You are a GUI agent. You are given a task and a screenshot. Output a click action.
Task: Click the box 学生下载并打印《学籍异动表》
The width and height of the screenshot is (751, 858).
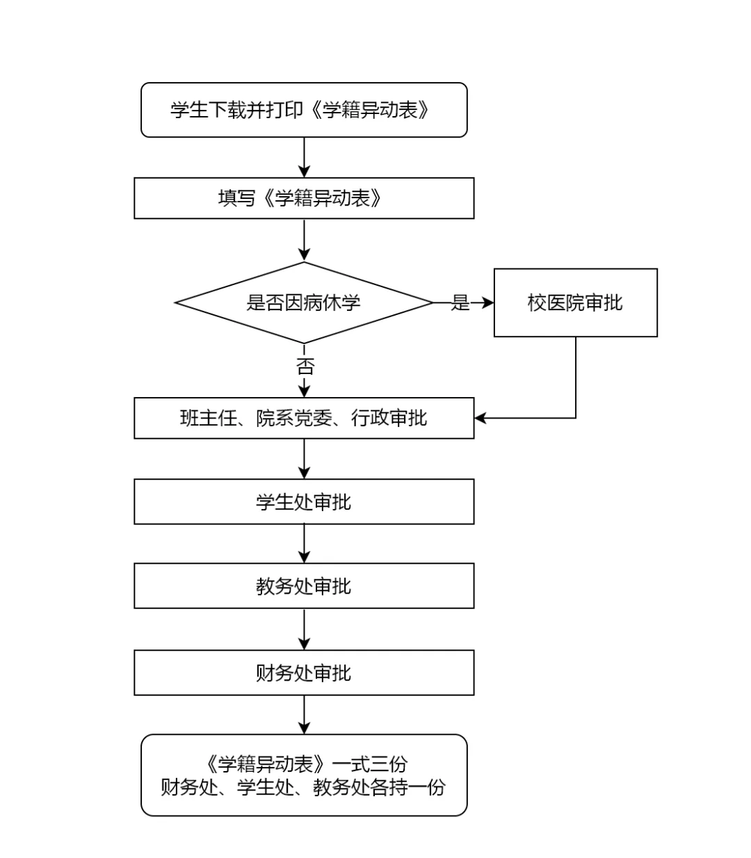point(304,110)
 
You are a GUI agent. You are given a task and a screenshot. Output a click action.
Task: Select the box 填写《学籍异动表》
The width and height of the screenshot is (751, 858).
point(304,198)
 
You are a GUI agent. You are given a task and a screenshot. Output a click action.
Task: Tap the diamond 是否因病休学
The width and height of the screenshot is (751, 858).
point(304,302)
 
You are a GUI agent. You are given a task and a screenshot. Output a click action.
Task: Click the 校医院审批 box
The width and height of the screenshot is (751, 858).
point(576,302)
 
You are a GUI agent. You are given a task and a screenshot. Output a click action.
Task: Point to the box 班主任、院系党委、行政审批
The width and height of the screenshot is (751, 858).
point(304,418)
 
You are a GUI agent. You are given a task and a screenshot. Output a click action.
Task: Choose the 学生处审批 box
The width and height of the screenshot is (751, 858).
point(304,501)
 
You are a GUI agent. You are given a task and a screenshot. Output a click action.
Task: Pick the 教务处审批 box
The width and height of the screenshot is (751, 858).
point(304,586)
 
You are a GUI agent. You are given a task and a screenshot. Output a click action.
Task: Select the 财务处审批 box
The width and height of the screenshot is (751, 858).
point(304,672)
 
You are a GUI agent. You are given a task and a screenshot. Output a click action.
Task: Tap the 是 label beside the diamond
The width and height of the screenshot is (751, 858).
point(460,302)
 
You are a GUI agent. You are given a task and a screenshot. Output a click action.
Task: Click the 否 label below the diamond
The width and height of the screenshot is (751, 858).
point(305,366)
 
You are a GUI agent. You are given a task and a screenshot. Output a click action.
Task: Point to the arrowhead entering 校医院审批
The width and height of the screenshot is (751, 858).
point(488,302)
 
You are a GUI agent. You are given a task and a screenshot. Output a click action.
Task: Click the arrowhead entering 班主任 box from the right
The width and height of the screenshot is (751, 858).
point(481,418)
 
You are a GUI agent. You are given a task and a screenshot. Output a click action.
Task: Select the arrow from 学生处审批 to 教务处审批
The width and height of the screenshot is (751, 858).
point(304,544)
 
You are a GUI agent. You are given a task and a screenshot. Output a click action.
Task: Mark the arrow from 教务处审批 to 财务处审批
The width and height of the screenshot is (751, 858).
point(304,629)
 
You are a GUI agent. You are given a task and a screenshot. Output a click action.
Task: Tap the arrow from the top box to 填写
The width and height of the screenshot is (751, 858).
point(304,157)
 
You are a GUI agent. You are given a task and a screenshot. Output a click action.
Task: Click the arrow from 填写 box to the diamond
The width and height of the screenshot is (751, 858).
point(304,241)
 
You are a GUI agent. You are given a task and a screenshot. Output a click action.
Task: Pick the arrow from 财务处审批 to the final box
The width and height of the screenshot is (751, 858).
point(304,715)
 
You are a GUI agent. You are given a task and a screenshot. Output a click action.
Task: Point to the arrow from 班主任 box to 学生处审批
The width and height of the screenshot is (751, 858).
point(304,459)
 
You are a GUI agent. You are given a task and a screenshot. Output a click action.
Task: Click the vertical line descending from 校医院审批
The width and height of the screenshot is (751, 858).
point(576,378)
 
